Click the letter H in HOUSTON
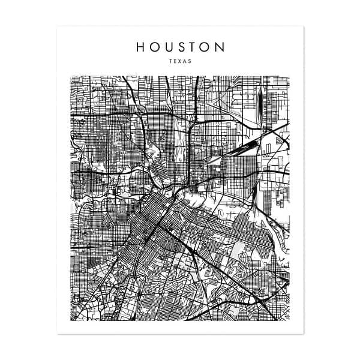coord(140,47)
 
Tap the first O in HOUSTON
coord(155,47)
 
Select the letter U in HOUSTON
coord(169,47)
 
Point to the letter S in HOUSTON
coord(181,47)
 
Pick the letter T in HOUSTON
coord(193,47)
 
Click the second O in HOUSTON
coord(205,47)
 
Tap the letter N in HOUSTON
coord(220,47)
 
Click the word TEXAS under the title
coord(180,61)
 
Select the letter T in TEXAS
coord(171,61)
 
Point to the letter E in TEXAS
coord(175,61)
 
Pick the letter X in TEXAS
coord(180,61)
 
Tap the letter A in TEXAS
coord(185,61)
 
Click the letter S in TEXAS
coord(190,61)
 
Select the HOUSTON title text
coord(180,47)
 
